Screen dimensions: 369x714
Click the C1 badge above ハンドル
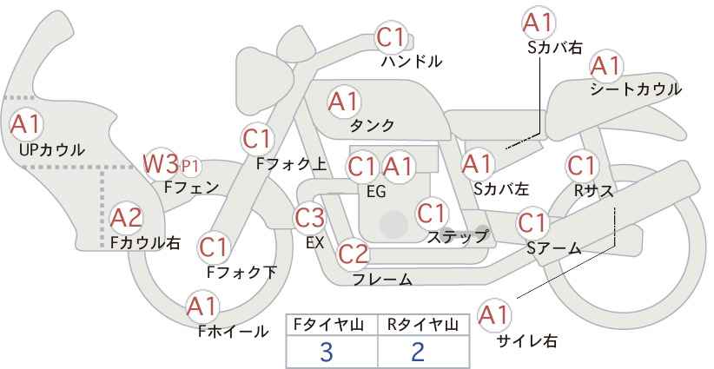tap(391, 37)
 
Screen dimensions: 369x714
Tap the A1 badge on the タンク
tap(343, 102)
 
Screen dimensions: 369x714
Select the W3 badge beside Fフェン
tap(161, 163)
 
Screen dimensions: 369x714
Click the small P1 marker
tap(190, 165)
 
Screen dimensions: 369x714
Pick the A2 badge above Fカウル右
tap(126, 217)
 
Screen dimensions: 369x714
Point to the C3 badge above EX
tap(310, 217)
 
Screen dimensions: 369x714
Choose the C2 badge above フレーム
tap(353, 254)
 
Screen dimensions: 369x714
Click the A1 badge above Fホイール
tap(202, 306)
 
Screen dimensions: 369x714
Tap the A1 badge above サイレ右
tap(494, 315)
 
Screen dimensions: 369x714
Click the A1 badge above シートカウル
tap(605, 66)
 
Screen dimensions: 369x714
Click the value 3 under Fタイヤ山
tap(326, 352)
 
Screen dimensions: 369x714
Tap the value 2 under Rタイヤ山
tap(418, 352)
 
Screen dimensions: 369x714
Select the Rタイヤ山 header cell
tap(423, 325)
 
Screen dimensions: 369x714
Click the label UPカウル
tap(51, 150)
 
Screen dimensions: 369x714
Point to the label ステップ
tap(457, 236)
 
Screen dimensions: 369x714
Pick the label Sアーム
tap(553, 248)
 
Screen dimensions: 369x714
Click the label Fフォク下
tap(241, 273)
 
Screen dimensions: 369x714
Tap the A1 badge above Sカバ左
tap(477, 162)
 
